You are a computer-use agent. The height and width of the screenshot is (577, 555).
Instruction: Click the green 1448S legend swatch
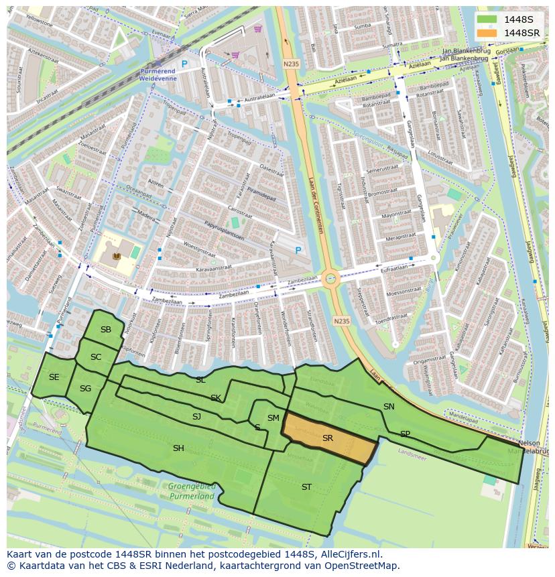(487, 19)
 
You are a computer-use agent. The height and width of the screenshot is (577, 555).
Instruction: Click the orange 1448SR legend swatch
(487, 33)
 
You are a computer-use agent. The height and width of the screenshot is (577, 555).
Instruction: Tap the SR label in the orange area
(328, 438)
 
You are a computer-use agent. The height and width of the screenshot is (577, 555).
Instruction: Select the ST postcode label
(306, 487)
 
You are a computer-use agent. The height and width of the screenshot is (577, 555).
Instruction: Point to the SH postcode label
(178, 448)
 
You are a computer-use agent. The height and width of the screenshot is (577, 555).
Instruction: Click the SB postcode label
(106, 330)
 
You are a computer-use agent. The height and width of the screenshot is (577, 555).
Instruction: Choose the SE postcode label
(54, 377)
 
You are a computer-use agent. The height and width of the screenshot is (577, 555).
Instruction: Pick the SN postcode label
(389, 407)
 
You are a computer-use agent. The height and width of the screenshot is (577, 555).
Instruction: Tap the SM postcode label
(273, 418)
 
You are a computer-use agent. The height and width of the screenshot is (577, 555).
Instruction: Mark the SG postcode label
(85, 389)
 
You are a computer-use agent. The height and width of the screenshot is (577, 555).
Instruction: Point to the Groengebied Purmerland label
(192, 492)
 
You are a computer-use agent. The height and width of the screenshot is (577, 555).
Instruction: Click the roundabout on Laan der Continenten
(330, 279)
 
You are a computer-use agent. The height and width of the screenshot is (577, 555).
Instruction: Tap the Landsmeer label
(412, 452)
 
